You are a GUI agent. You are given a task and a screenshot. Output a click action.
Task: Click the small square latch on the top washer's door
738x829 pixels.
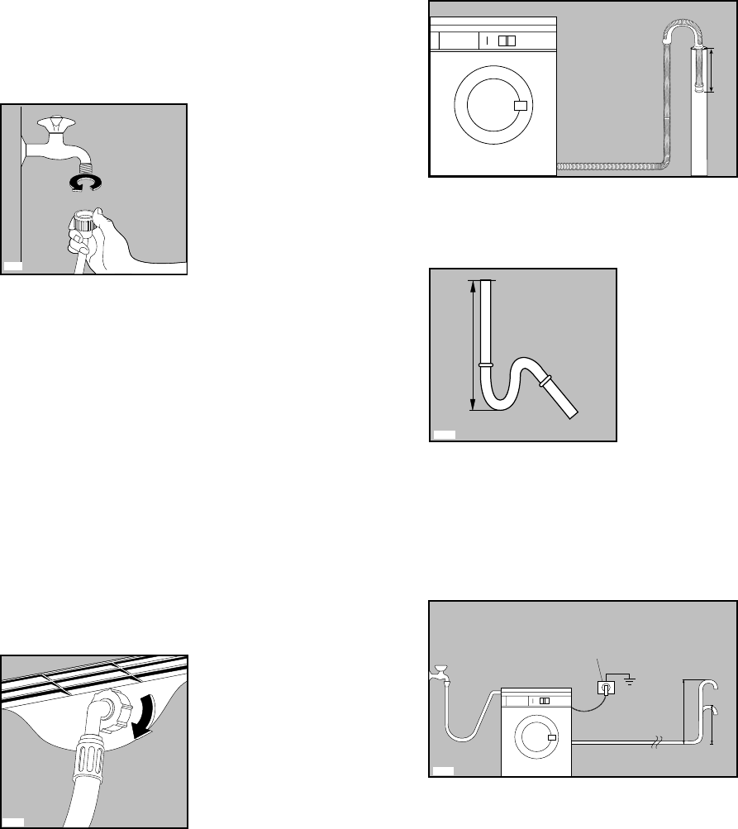pyautogui.click(x=520, y=106)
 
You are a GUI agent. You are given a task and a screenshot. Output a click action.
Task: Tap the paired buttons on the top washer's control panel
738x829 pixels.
pyautogui.click(x=508, y=40)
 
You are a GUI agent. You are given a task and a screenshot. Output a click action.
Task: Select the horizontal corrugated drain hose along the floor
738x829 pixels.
pyautogui.click(x=612, y=166)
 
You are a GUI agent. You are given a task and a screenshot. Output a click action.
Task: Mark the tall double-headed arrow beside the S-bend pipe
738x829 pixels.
pyautogui.click(x=473, y=345)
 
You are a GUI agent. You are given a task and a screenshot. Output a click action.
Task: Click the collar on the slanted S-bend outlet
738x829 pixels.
pyautogui.click(x=545, y=381)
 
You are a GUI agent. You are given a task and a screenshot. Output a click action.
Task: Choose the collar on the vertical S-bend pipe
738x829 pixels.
pyautogui.click(x=485, y=364)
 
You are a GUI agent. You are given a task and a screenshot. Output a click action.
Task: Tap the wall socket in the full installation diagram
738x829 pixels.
pyautogui.click(x=607, y=688)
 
